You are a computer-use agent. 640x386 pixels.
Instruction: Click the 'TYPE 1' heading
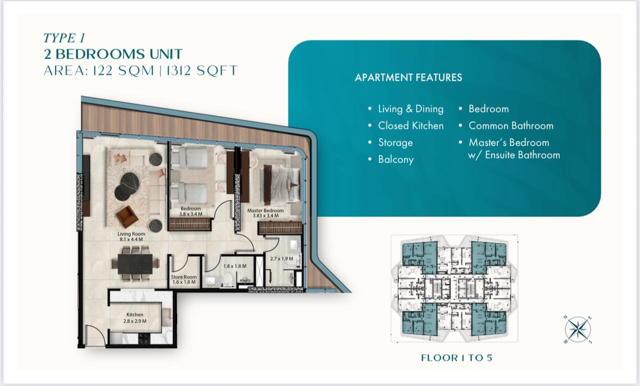pos(64,38)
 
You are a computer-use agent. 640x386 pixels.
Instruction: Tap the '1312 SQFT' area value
pos(201,70)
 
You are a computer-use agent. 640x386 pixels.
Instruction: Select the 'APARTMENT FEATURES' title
pos(408,77)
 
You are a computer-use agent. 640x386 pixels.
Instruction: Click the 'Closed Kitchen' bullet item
pos(410,125)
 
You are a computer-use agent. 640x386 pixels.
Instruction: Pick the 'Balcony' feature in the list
pos(395,159)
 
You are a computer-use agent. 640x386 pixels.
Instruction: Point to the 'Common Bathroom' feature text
pos(511,125)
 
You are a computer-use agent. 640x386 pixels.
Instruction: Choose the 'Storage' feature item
pos(395,142)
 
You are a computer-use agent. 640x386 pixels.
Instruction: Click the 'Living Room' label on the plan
pos(131,234)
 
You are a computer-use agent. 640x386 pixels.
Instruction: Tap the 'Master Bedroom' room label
pos(265,210)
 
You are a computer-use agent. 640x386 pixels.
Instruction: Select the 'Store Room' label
pos(183,277)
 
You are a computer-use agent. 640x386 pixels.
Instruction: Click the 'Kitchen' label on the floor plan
pos(135,314)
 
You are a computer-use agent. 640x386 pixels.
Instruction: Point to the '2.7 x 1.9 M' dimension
pos(281,258)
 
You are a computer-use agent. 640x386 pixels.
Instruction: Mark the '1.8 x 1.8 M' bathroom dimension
pos(234,266)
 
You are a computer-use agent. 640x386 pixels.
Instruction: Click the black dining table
pos(135,263)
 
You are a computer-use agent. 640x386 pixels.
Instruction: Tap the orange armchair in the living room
pos(127,217)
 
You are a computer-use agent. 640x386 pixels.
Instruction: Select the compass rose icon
pos(577,330)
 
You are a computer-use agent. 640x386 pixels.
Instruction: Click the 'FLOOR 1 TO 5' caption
pos(456,357)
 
